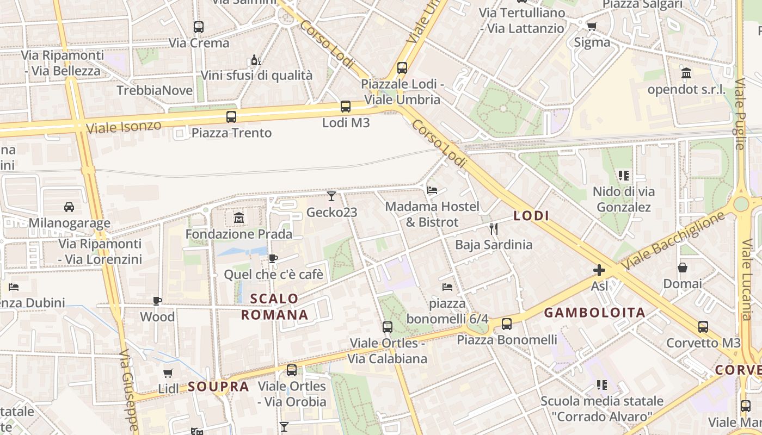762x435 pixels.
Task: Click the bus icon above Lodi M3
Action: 345,107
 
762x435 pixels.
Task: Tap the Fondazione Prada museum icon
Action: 238,218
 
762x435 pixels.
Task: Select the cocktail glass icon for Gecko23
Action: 331,196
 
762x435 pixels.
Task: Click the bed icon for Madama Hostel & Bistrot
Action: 432,190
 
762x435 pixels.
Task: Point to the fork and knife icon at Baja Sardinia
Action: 494,228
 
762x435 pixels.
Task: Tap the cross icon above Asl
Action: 599,270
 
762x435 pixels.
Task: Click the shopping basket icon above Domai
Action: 682,268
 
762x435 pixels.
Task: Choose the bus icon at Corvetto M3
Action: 703,327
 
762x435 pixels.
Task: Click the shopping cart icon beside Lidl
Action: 168,373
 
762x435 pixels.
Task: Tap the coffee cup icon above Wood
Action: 157,301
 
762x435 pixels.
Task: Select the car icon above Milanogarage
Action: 69,207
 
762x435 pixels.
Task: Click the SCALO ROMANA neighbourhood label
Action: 275,307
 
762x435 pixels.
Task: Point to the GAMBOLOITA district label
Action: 594,313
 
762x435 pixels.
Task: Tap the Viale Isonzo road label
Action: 124,127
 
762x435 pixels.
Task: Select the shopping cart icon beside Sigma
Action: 592,26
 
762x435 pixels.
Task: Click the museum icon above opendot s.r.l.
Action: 686,73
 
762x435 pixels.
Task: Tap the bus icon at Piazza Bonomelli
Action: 507,324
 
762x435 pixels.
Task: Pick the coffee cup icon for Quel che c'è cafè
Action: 273,259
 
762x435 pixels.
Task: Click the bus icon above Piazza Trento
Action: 231,116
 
